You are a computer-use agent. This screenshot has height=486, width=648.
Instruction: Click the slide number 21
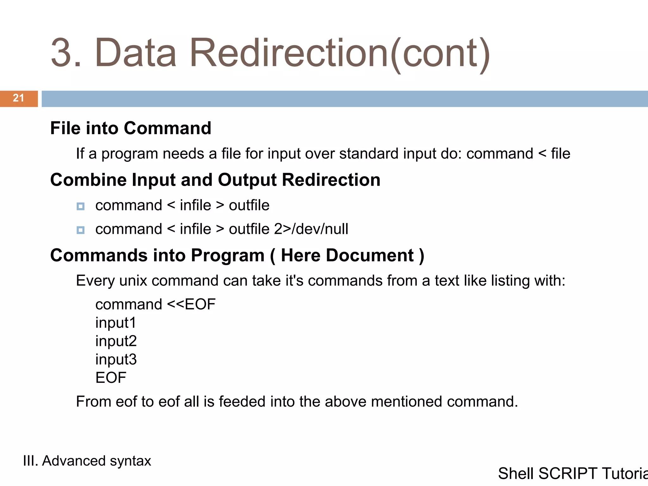coord(18,98)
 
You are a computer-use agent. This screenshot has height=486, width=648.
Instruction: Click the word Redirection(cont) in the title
coord(340,53)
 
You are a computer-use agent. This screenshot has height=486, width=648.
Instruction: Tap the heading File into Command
coord(131,128)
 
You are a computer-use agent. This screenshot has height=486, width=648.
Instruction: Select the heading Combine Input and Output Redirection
coord(215,180)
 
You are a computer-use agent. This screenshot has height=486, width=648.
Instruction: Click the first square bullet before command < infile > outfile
coord(81,206)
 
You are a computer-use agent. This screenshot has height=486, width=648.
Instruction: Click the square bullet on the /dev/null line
coord(81,230)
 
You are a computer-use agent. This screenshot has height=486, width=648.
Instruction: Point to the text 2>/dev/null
coord(311,229)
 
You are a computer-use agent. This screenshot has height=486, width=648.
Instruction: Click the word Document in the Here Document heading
coord(370,255)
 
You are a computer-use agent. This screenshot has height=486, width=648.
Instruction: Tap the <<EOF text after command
coord(191,304)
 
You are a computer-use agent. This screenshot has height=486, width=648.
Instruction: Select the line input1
coord(116,323)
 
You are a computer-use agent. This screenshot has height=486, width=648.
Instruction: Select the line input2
coord(116,341)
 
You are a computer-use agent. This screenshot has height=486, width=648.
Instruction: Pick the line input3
coord(116,359)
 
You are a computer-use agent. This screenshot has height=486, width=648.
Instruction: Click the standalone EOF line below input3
coord(111,378)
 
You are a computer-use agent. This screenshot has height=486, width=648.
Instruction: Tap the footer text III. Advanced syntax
coord(87,461)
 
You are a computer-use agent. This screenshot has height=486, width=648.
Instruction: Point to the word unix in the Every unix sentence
coord(133,281)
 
